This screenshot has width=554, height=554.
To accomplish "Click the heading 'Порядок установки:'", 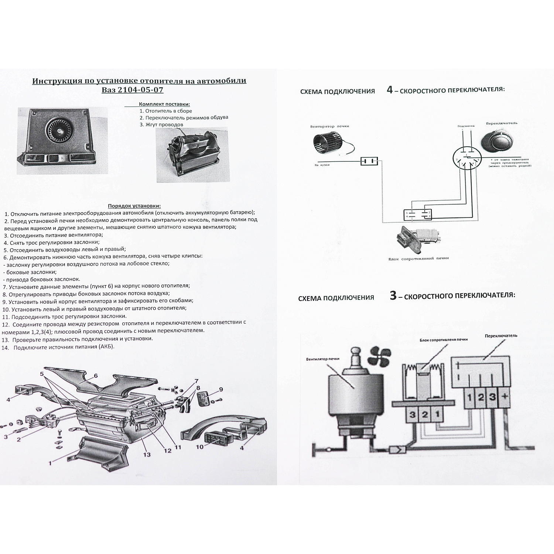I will point(134,206).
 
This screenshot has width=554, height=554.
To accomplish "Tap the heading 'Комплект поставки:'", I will point(164,104).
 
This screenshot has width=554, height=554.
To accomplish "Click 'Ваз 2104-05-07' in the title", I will point(133,90).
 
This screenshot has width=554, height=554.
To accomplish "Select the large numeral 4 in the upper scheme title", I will point(390,89).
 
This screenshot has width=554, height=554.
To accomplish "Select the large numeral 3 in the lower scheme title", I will point(393,295).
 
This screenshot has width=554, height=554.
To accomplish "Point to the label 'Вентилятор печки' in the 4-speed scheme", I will point(329,126).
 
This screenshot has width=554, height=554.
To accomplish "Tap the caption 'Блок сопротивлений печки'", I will point(418,258).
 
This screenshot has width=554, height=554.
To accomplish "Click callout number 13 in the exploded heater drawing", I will point(147,454).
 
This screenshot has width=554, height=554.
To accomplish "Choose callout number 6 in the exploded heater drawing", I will point(95,376).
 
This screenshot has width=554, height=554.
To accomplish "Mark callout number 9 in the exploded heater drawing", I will point(220,389).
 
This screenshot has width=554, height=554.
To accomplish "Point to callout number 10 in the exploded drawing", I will point(199,447).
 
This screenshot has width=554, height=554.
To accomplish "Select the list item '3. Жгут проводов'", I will point(161,124).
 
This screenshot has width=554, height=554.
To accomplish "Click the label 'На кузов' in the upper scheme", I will point(319,165).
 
